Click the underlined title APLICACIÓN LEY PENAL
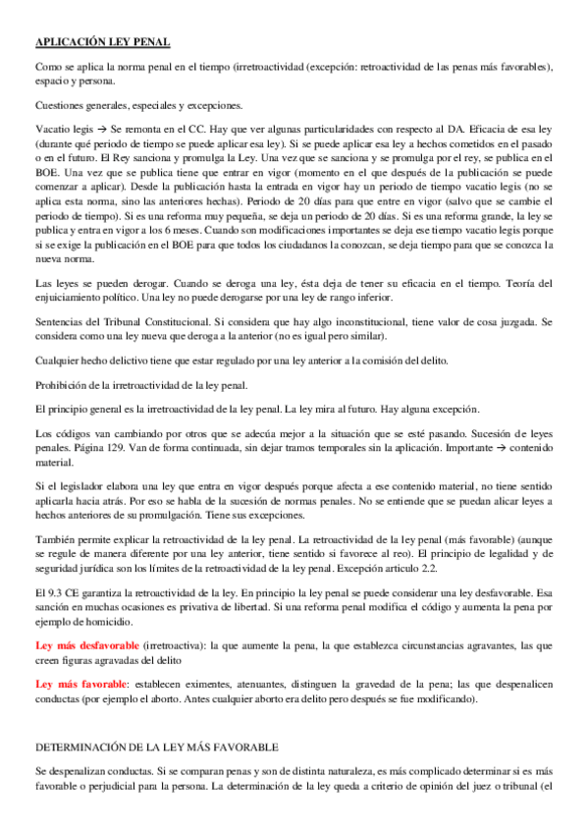(x=102, y=41)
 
